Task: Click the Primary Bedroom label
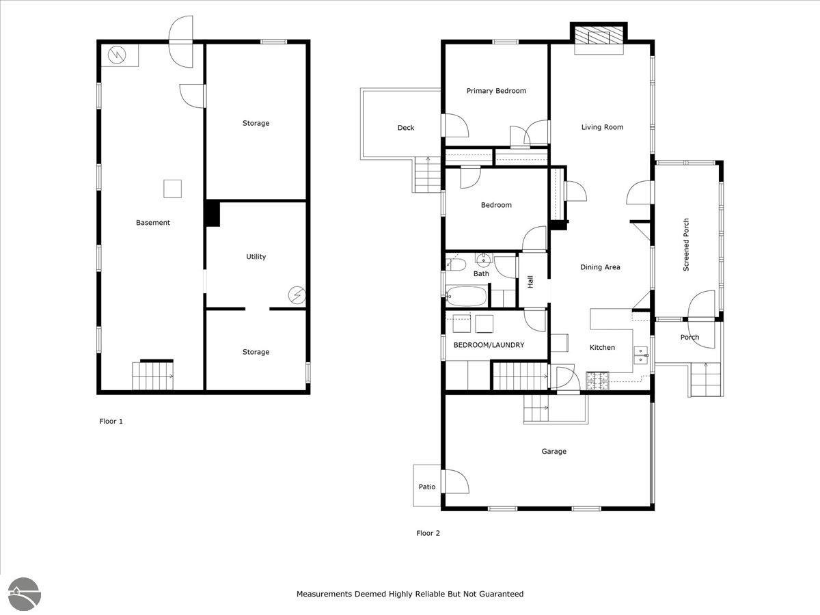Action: tap(496, 91)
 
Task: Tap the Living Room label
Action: tap(602, 127)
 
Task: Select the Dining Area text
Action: tap(600, 267)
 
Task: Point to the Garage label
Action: tap(553, 451)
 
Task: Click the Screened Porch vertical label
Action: tap(686, 245)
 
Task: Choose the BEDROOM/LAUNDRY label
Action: tap(489, 345)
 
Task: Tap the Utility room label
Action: tap(256, 256)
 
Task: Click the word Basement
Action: tap(153, 223)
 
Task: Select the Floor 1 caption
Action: tap(111, 421)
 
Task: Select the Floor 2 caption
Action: tap(428, 533)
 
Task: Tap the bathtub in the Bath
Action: tap(467, 296)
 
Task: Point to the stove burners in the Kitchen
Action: tap(597, 381)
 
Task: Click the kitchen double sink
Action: tap(641, 355)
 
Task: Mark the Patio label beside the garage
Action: tap(427, 487)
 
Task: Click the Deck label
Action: tap(406, 128)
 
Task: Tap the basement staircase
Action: tap(153, 376)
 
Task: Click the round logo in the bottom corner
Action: tap(25, 594)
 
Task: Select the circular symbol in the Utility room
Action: tap(297, 295)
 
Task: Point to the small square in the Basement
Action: tap(173, 189)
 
